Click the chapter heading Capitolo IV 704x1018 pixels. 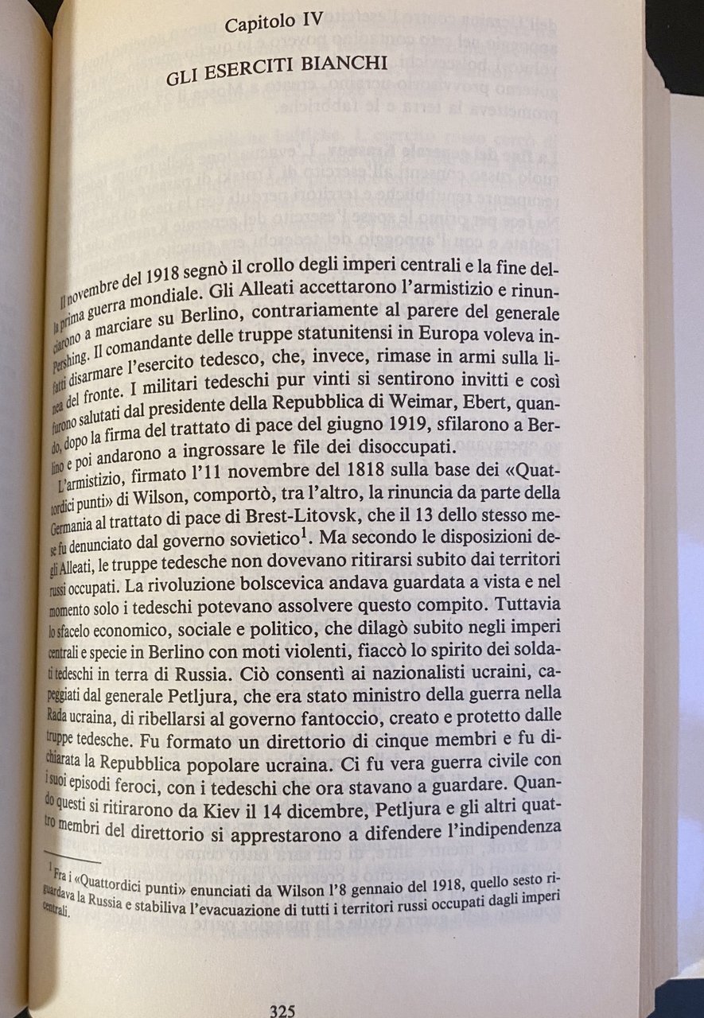pyautogui.click(x=274, y=24)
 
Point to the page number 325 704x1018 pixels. pyautogui.click(x=282, y=1011)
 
